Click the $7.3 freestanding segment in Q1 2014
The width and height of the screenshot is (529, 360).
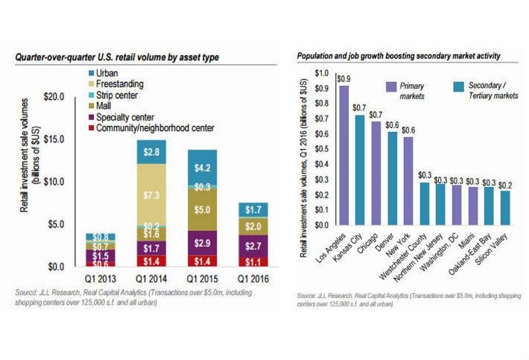coord(151,195)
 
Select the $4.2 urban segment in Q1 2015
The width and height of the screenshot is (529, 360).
coord(201,167)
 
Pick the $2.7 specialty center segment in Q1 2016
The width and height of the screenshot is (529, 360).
coord(253,245)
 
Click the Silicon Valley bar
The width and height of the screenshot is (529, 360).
coord(506,208)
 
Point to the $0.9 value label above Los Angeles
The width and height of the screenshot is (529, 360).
coord(343,78)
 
